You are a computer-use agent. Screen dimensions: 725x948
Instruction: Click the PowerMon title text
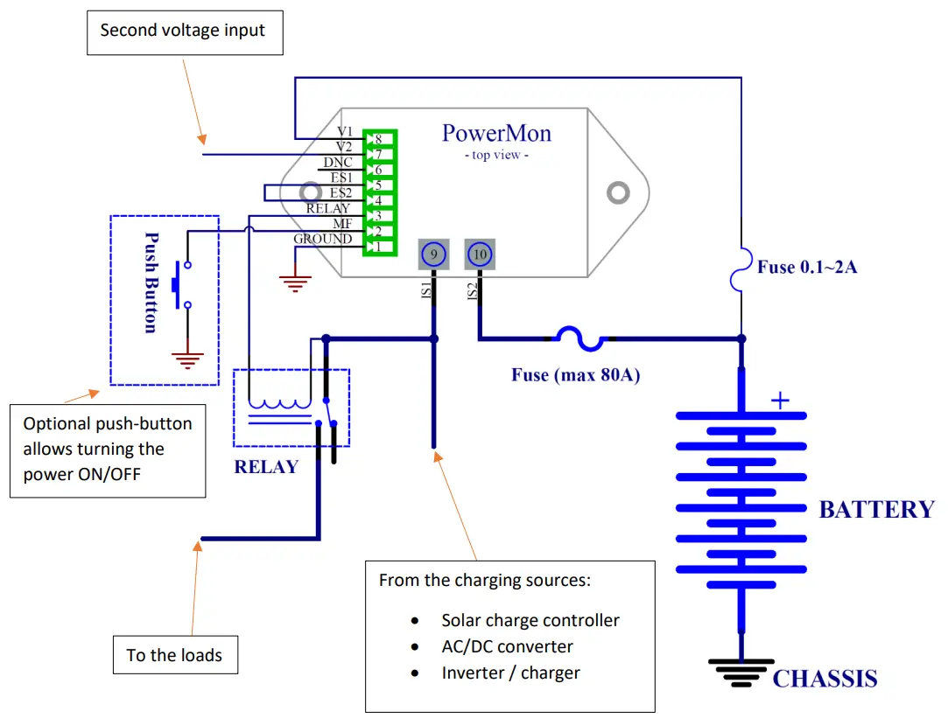496,133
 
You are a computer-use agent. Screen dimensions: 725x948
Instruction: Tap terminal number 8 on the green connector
378,139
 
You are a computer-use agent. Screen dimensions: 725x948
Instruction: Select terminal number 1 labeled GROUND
378,247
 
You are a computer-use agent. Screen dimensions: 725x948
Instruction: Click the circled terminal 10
480,254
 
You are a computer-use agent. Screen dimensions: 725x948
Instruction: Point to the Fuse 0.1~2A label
807,267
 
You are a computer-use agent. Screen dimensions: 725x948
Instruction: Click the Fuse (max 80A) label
576,375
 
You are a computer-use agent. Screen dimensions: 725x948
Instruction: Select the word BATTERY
876,510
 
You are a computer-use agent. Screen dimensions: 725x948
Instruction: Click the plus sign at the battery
779,401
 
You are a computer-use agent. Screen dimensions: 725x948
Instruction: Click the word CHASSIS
825,679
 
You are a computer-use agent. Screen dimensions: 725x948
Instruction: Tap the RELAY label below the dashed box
266,467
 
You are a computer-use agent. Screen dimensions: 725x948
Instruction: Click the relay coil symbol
279,404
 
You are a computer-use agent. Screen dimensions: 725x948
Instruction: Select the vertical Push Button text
151,282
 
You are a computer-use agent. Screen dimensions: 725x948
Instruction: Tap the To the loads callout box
175,655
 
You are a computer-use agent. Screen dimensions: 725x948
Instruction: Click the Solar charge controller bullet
530,620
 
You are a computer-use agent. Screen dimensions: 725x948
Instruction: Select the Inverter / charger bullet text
510,673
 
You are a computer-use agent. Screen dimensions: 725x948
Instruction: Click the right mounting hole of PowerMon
619,192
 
